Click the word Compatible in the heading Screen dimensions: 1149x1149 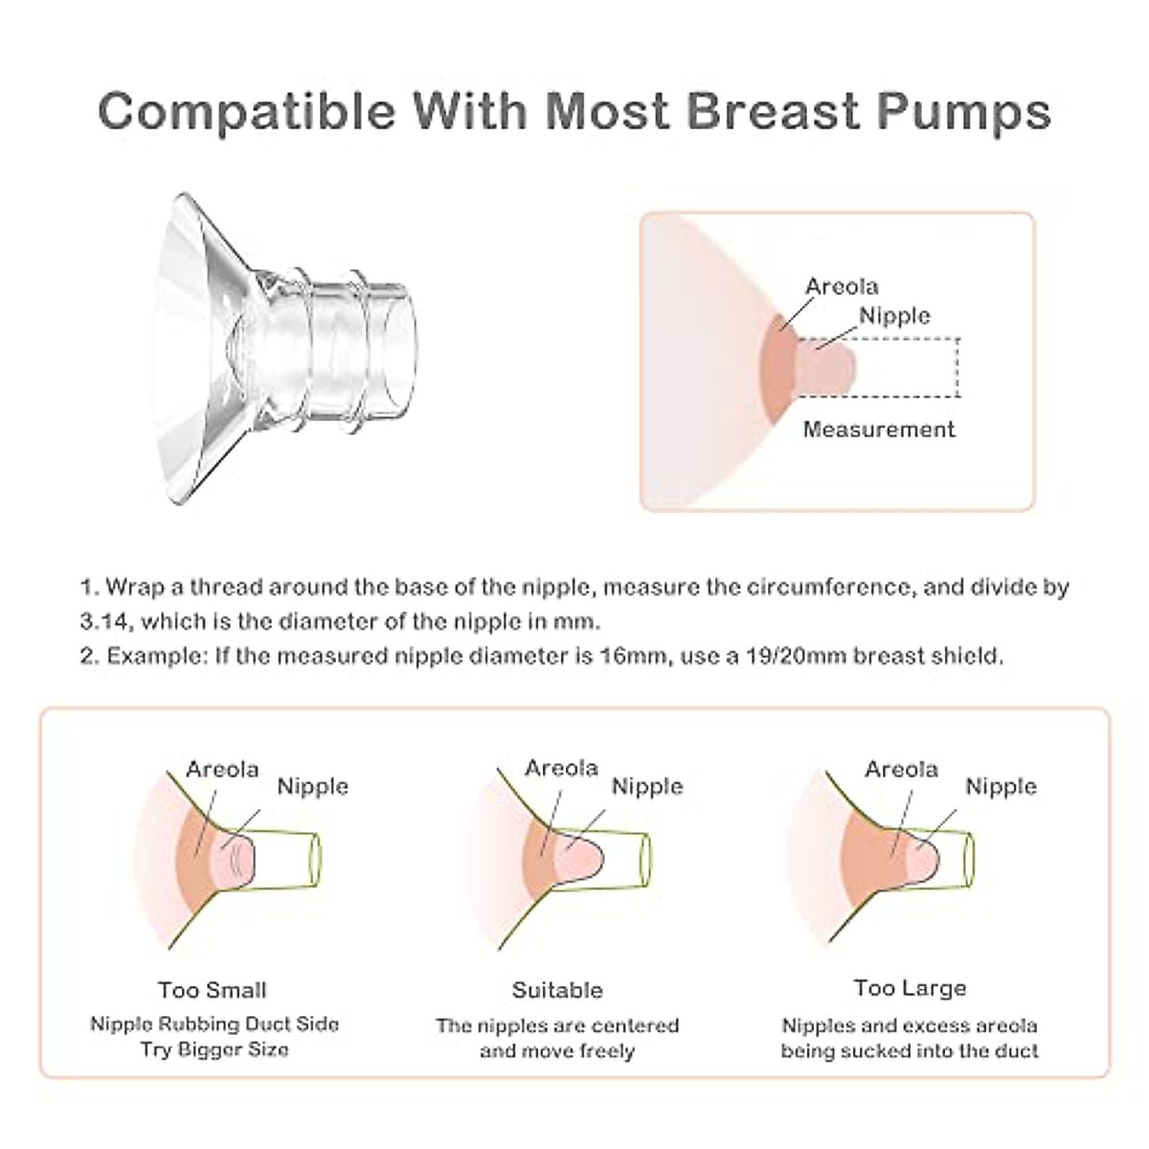[x=246, y=111]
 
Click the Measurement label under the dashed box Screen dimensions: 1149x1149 [x=878, y=429]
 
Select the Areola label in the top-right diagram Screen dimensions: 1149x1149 [x=842, y=286]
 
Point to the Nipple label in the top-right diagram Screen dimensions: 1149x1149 [x=894, y=316]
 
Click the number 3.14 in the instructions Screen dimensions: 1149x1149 [x=106, y=621]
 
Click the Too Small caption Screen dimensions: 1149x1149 [x=213, y=990]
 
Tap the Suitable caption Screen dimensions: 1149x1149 [x=557, y=990]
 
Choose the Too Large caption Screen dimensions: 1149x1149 [x=910, y=988]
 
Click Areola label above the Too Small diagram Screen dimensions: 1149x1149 [x=222, y=770]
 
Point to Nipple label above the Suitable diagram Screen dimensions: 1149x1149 [x=647, y=787]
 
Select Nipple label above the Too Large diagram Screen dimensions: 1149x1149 [x=1001, y=787]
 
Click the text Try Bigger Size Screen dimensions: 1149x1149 [x=214, y=1049]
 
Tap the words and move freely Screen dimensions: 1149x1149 [x=557, y=1051]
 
